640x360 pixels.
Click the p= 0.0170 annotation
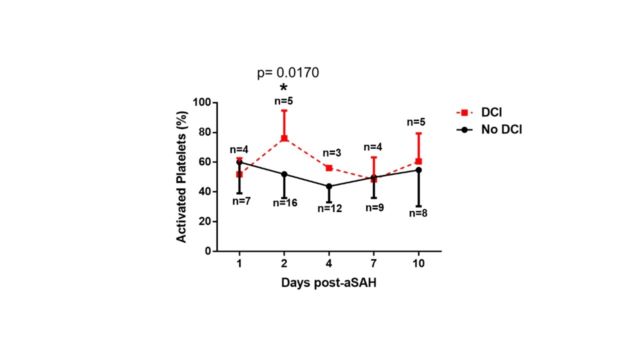288,73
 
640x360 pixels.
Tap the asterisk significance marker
284,88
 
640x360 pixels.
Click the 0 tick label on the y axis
207,251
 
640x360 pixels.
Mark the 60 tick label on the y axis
204,162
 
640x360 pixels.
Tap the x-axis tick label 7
374,263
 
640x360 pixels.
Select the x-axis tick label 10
418,263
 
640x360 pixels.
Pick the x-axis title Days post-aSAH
328,283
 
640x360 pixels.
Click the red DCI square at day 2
284,138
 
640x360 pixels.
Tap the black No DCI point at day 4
329,186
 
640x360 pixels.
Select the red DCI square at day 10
418,161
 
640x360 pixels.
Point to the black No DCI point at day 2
284,174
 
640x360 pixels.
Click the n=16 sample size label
285,203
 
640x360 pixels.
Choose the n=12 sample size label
330,208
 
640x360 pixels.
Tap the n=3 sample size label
330,153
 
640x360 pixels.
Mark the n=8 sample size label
418,213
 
